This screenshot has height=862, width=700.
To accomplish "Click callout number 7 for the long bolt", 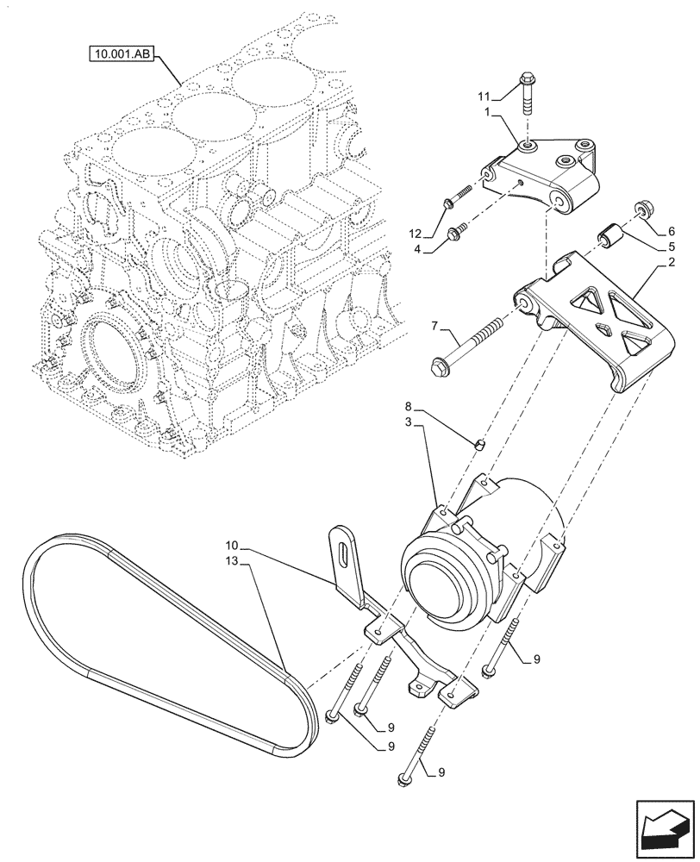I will click(x=434, y=326).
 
